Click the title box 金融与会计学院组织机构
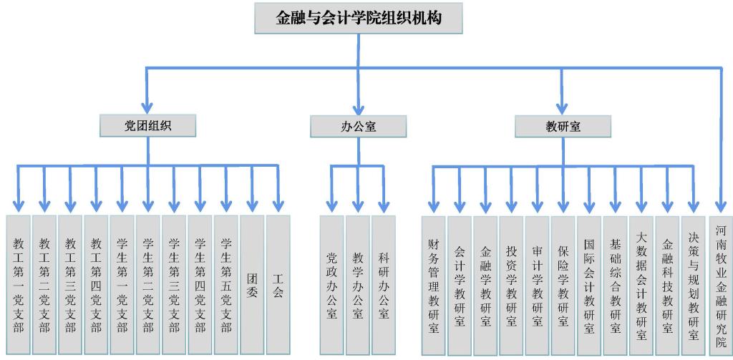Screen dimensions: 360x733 pyautogui.click(x=359, y=18)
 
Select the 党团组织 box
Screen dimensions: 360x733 pyautogui.click(x=148, y=126)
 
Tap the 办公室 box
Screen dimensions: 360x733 pyautogui.click(x=358, y=127)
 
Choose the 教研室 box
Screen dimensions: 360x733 pyautogui.click(x=563, y=127)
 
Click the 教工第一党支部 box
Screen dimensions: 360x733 pyautogui.click(x=19, y=285)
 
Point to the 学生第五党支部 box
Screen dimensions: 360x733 pyautogui.click(x=226, y=285)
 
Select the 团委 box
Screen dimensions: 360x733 pyautogui.click(x=252, y=285)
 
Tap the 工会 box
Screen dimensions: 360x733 pyautogui.click(x=278, y=285)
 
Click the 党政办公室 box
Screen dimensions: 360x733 pyautogui.click(x=331, y=285)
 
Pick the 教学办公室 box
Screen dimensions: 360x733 pyautogui.click(x=358, y=285)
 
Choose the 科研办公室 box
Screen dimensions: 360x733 pyautogui.click(x=384, y=285)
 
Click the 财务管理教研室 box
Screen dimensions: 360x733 pyautogui.click(x=433, y=285)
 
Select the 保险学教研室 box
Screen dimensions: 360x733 pyautogui.click(x=563, y=285)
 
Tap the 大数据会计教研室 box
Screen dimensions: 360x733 pyautogui.click(x=641, y=285)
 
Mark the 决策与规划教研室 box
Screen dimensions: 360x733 pyautogui.click(x=693, y=285)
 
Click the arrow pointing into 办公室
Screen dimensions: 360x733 pyautogui.click(x=358, y=100)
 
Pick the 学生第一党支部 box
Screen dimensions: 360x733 pyautogui.click(x=122, y=285)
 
